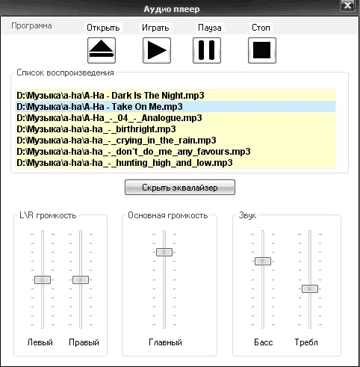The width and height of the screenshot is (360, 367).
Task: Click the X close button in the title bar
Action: (x=347, y=5)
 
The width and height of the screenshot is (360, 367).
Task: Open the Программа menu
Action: (x=31, y=25)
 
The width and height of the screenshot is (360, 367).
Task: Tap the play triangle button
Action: (x=157, y=50)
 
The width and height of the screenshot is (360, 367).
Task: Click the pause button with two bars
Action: (x=207, y=50)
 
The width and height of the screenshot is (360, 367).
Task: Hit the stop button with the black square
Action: (x=262, y=50)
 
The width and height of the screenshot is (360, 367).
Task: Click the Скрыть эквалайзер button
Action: (x=180, y=188)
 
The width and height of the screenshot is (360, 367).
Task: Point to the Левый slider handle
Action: (x=43, y=280)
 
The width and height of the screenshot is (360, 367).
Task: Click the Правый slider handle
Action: (x=81, y=280)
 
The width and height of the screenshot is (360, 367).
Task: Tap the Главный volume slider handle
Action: (x=164, y=252)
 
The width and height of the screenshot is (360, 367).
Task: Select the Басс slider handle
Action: (x=263, y=261)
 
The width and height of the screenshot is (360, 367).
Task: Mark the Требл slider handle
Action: (x=310, y=289)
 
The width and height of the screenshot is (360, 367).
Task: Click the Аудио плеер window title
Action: (x=172, y=9)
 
